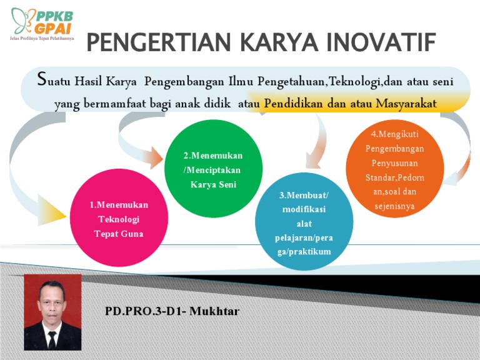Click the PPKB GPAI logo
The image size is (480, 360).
click(41, 22)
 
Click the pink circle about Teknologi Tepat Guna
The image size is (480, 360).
click(119, 218)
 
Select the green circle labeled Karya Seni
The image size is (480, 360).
click(213, 169)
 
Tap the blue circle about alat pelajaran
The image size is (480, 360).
click(304, 222)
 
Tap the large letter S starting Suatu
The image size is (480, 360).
click(41, 79)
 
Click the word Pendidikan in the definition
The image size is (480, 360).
click(296, 104)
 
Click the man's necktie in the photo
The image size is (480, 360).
click(52, 338)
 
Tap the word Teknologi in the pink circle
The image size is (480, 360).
click(119, 219)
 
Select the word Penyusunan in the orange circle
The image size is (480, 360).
click(394, 164)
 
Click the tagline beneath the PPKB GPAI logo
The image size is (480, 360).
click(41, 38)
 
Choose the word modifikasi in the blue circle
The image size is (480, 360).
click(304, 209)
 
